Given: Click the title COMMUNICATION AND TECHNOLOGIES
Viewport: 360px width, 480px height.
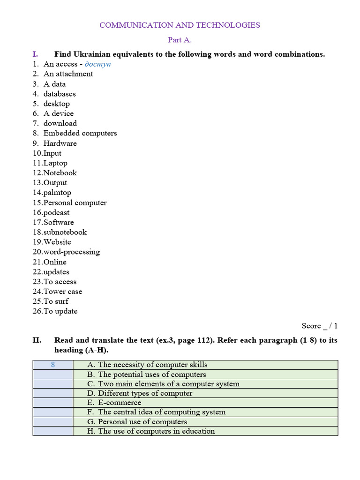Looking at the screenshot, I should [x=180, y=25].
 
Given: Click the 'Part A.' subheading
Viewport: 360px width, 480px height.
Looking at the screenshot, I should [x=180, y=40].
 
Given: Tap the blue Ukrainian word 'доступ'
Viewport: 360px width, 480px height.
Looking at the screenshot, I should [x=97, y=64].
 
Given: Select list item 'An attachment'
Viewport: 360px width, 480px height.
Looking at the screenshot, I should [x=68, y=74].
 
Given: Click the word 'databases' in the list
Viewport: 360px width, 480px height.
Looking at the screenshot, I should [x=60, y=94].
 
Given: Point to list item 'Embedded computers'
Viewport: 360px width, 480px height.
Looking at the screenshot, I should [x=80, y=133].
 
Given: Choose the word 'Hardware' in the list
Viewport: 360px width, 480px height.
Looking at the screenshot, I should [x=60, y=143].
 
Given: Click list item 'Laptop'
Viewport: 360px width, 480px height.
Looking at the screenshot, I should [x=55, y=163].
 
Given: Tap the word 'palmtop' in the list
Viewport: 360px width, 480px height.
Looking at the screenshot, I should [x=57, y=193].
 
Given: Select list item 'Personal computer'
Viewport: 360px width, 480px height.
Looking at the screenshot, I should [x=75, y=203].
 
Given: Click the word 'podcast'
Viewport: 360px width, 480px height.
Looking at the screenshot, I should [x=56, y=213].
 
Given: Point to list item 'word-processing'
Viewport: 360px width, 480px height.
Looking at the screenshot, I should [x=71, y=252].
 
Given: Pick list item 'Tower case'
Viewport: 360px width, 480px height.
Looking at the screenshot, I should [x=63, y=292].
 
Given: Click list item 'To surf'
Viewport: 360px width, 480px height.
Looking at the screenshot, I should [x=56, y=301].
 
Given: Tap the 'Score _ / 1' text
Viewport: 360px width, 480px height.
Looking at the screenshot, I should [x=319, y=326].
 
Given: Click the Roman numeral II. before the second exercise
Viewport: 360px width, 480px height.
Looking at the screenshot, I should [x=37, y=340].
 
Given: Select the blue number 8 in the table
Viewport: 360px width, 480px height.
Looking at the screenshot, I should [x=53, y=365].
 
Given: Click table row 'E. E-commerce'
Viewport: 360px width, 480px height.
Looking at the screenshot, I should [x=114, y=403].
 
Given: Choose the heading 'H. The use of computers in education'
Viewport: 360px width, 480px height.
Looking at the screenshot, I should [x=151, y=431].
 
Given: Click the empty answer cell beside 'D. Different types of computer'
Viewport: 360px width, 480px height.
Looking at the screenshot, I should [x=53, y=393].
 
